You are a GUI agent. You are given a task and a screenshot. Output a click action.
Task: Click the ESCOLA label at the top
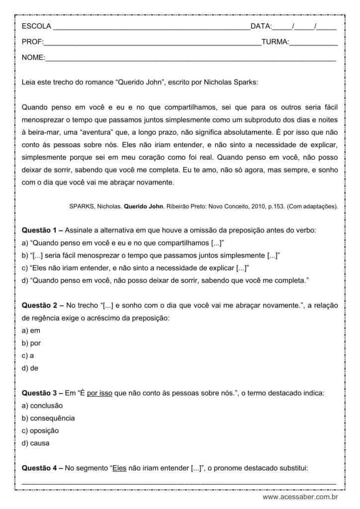36,26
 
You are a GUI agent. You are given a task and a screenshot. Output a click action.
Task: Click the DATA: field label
261,26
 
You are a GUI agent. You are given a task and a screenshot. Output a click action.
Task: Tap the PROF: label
33,42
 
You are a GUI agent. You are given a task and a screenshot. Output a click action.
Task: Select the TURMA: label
275,42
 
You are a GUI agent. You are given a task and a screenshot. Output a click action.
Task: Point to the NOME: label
33,59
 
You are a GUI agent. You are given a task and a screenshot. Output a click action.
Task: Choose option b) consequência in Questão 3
48,418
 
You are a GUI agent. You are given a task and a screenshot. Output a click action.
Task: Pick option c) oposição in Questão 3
40,430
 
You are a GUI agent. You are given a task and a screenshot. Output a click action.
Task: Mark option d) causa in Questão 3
36,443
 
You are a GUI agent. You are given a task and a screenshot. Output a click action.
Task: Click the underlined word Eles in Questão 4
120,468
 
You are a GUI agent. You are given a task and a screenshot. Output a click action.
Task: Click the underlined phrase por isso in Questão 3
99,393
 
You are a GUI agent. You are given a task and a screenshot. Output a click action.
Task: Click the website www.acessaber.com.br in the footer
300,497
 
